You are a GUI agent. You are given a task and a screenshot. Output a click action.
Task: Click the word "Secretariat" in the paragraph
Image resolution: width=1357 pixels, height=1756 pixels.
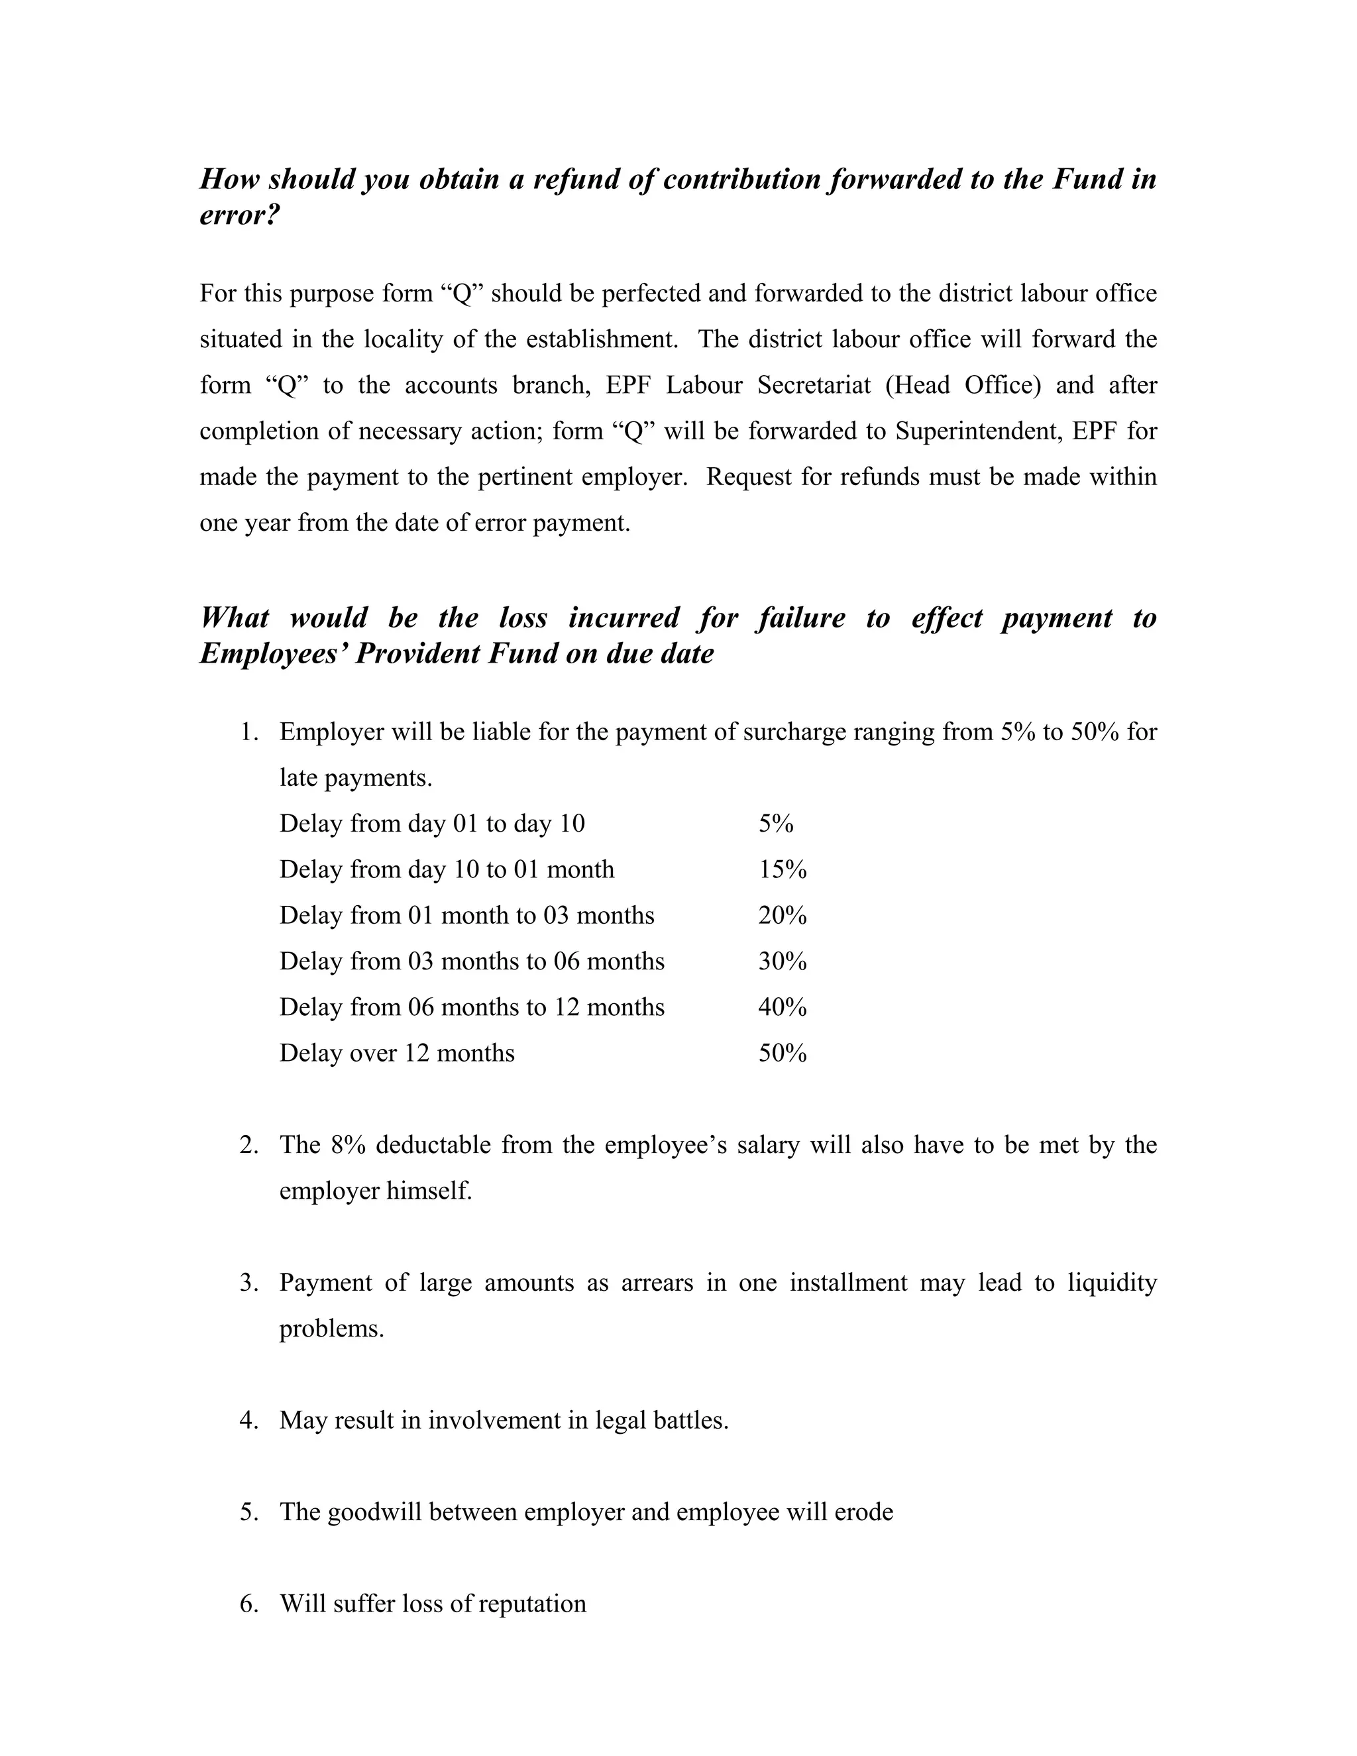[814, 386]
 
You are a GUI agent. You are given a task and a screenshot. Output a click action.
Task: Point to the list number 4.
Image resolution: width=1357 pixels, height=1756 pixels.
[248, 1421]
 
